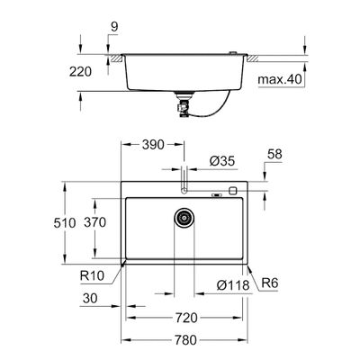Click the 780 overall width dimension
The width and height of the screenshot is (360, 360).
click(x=186, y=340)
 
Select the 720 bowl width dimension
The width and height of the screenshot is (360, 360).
click(x=186, y=318)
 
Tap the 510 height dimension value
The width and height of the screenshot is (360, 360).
click(x=65, y=223)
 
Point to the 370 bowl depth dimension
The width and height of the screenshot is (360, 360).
click(x=95, y=222)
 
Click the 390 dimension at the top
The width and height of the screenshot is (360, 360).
click(x=153, y=145)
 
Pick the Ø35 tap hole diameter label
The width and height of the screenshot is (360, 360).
click(x=222, y=161)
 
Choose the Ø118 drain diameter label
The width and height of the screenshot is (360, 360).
click(x=233, y=285)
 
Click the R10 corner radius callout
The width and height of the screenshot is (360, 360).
click(x=92, y=275)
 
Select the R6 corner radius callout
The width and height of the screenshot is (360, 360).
click(x=270, y=283)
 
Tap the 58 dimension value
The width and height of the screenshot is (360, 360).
click(x=274, y=154)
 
